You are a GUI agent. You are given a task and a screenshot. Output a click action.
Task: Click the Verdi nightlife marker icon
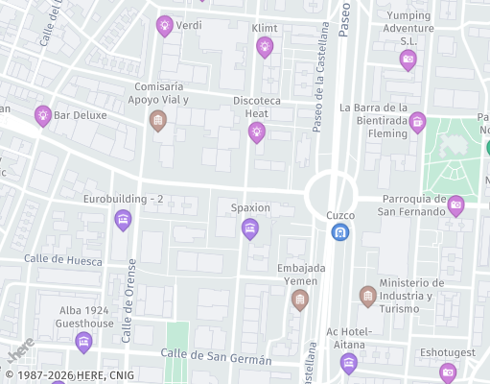pyautogui.click(x=164, y=25)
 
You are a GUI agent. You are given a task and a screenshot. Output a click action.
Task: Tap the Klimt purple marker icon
pyautogui.click(x=265, y=46)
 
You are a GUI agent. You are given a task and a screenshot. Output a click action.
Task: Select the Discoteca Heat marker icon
pyautogui.click(x=256, y=132)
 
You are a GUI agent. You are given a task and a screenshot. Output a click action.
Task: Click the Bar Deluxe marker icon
pyautogui.click(x=42, y=115)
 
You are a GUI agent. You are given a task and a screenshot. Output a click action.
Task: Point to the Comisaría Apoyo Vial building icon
pyautogui.click(x=158, y=120)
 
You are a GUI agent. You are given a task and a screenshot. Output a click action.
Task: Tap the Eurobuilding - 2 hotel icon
pyautogui.click(x=123, y=219)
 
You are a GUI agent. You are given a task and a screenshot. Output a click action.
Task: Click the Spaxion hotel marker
pyautogui.click(x=250, y=228)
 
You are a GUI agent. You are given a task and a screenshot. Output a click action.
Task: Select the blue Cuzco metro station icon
pyautogui.click(x=339, y=231)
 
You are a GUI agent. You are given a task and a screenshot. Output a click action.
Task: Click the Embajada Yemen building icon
pyautogui.click(x=300, y=300)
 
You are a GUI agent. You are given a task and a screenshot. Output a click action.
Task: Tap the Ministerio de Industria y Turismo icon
pyautogui.click(x=367, y=296)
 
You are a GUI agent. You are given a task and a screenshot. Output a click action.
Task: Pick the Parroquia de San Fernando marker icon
pyautogui.click(x=456, y=204)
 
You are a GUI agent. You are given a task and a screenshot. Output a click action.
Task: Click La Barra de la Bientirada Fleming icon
pyautogui.click(x=417, y=121)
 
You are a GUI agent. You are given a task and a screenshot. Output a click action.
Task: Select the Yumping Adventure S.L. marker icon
pyautogui.click(x=408, y=60)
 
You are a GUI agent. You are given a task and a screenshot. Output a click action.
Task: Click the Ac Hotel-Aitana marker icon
pyautogui.click(x=348, y=362)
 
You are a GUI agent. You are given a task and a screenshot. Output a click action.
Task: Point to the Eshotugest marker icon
pyautogui.click(x=448, y=372)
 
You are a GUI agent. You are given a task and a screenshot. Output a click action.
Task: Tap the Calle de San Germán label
pyautogui.click(x=216, y=358)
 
